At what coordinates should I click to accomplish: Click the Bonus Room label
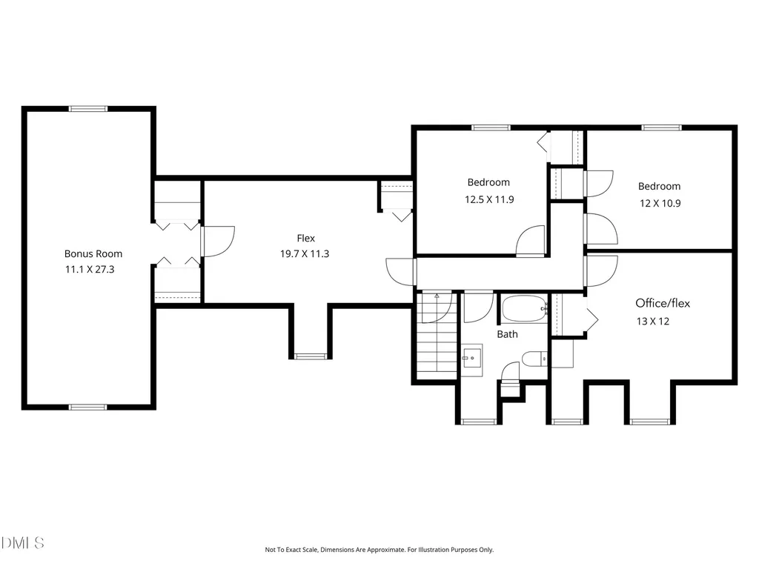pos(93,253)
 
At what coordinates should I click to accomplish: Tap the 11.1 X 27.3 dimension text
pos(90,270)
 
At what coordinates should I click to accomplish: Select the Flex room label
pos(306,238)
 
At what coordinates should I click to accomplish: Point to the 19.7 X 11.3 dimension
pos(305,253)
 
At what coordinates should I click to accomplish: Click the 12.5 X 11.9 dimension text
pos(489,199)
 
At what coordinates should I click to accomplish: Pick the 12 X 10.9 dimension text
pos(660,203)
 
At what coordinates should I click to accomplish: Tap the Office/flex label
pos(663,303)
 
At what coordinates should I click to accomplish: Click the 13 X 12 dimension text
pos(653,322)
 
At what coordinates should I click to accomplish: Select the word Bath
pos(507,334)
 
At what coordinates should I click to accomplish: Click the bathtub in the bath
pos(525,309)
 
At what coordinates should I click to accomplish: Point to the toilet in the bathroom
pos(534,359)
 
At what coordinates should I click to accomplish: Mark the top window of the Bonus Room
pos(88,109)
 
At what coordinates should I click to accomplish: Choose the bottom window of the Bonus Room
pos(88,407)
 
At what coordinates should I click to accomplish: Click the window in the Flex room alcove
pos(311,356)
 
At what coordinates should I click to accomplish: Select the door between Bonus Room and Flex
pos(218,241)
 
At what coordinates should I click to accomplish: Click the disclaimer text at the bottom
pos(379,550)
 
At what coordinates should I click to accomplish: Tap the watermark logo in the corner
pos(22,543)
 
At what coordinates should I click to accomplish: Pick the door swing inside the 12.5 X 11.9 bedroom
pos(531,240)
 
